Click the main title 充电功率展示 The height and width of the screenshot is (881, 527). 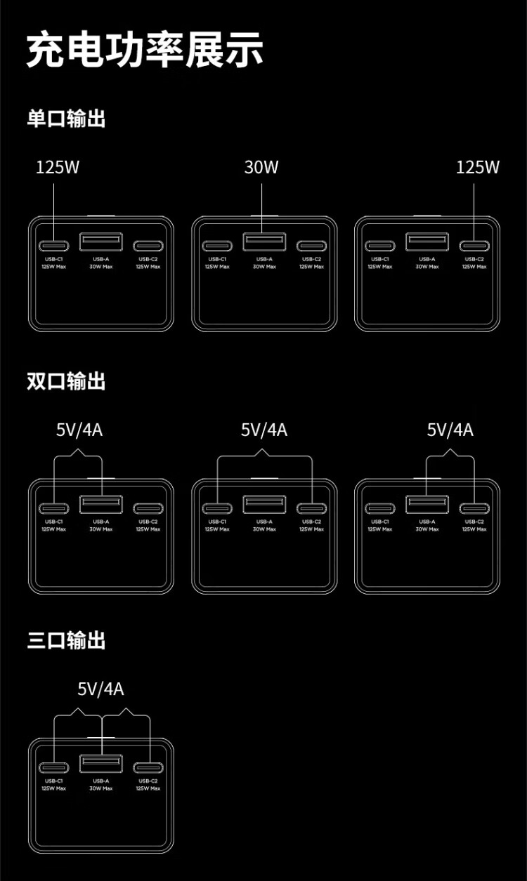tap(145, 50)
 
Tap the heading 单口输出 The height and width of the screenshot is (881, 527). tap(66, 119)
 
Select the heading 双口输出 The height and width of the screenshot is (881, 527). tap(66, 381)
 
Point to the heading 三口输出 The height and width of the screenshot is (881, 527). tap(66, 640)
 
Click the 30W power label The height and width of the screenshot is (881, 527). tap(261, 167)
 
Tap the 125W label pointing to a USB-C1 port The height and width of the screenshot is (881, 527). tap(58, 167)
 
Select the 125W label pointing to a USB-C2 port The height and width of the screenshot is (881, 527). tap(478, 167)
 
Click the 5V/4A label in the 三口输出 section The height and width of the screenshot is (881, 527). tap(100, 689)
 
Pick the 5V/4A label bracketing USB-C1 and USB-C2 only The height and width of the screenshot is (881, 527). tap(264, 430)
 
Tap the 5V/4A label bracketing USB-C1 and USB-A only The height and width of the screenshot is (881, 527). tap(79, 430)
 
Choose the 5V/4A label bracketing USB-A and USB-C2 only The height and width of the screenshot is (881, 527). tap(450, 430)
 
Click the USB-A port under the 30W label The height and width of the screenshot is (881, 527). tap(264, 242)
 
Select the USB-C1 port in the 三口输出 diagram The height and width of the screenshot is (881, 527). tap(54, 767)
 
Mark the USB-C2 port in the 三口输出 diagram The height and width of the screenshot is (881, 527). tap(148, 767)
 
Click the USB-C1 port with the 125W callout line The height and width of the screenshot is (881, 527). tap(54, 246)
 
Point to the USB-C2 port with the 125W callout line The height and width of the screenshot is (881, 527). tap(474, 246)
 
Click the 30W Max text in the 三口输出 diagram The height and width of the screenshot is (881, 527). tap(101, 788)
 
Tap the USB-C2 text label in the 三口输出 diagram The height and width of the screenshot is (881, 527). tap(148, 781)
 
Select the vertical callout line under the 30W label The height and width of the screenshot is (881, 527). tap(261, 207)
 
